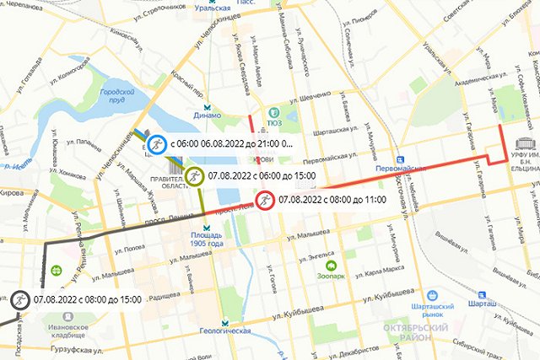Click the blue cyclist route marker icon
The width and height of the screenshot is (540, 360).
(157, 145)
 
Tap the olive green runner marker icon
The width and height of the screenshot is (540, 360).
(195, 175)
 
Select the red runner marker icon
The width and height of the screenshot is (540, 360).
(265, 200)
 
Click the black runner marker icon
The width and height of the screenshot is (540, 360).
(19, 299)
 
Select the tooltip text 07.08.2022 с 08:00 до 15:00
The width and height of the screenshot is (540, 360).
(87, 299)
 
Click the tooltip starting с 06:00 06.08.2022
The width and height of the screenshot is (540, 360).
(229, 145)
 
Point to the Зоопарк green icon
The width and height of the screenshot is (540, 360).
(331, 265)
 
